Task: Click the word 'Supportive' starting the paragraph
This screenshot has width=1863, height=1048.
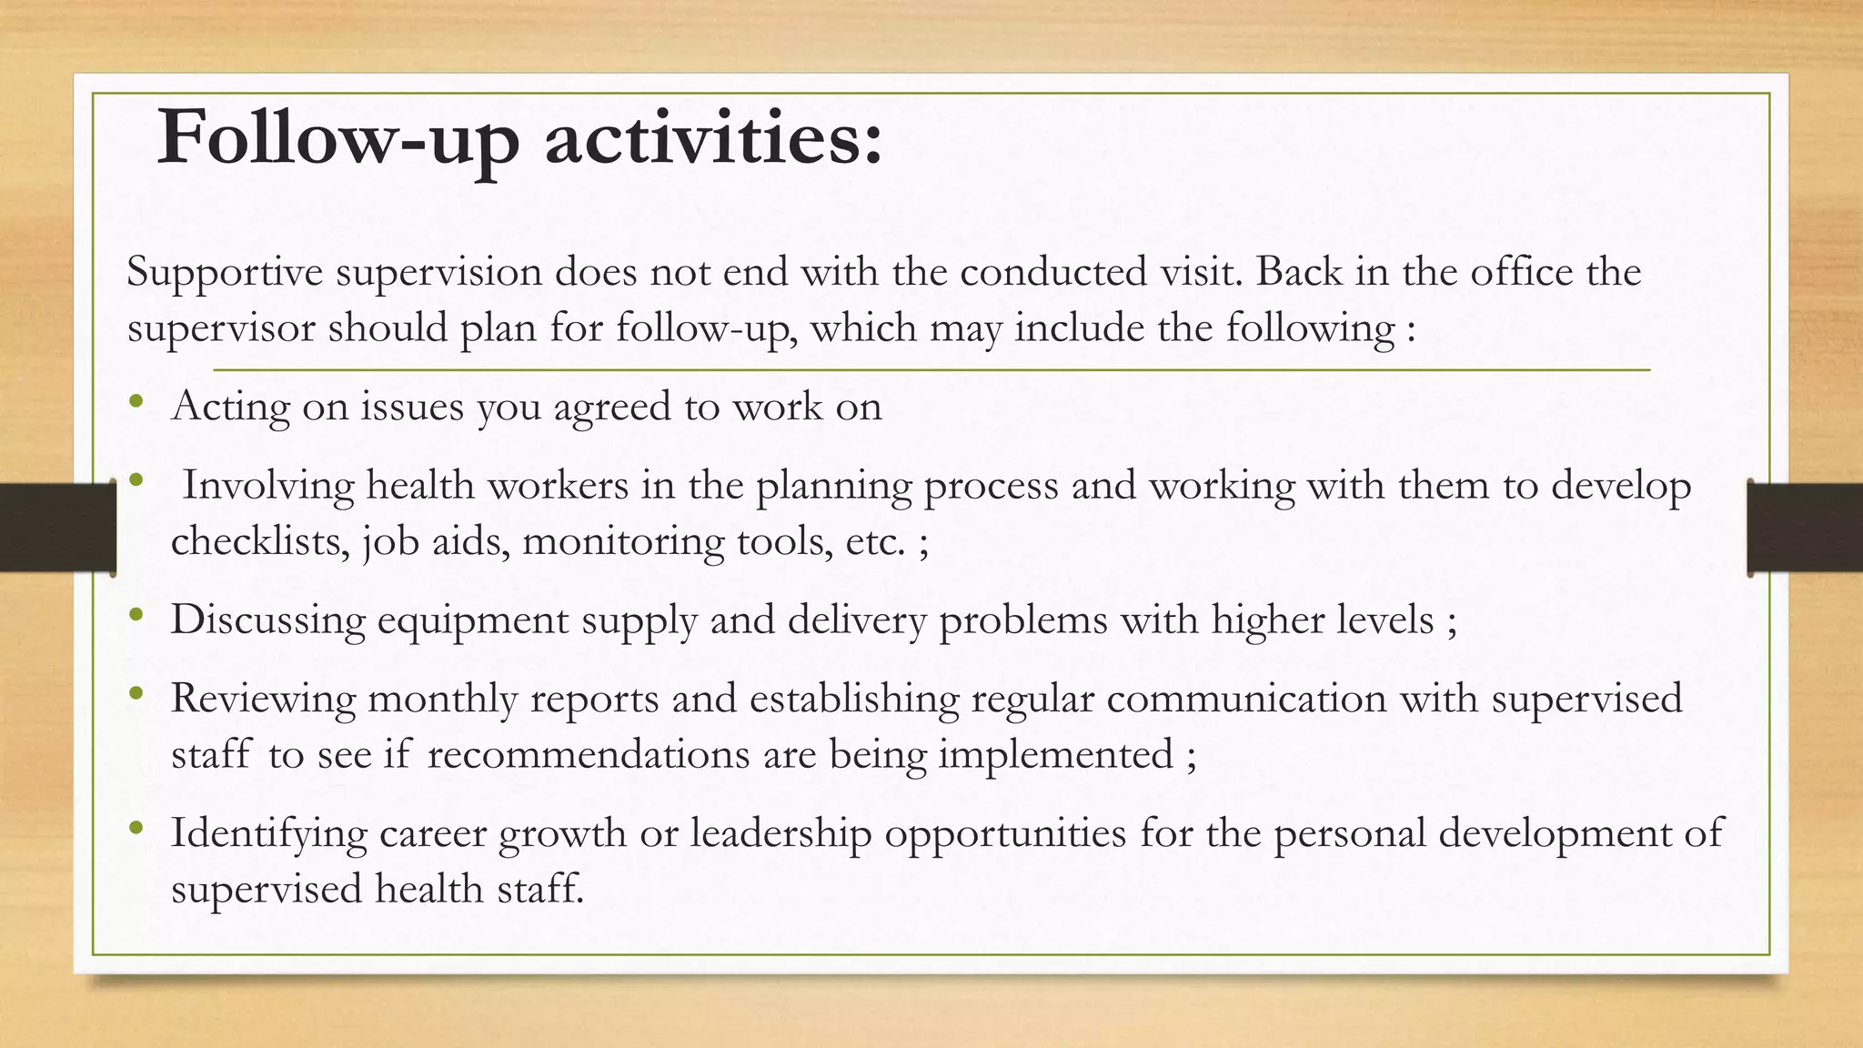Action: (x=225, y=273)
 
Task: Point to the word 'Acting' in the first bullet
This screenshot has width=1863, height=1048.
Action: (x=230, y=407)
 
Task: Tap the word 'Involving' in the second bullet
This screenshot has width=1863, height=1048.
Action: (x=268, y=486)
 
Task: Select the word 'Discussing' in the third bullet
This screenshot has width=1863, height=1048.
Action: (x=267, y=621)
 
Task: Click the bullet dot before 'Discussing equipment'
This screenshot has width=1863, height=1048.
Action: (x=136, y=615)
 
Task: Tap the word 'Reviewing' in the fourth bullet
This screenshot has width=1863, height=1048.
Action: (x=263, y=700)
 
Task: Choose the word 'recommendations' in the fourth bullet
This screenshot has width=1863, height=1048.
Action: (x=589, y=755)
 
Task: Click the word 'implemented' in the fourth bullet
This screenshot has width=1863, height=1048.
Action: (x=1056, y=755)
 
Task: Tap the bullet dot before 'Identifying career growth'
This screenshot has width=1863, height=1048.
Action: (x=136, y=827)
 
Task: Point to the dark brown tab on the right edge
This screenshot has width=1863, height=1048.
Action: (x=1805, y=528)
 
